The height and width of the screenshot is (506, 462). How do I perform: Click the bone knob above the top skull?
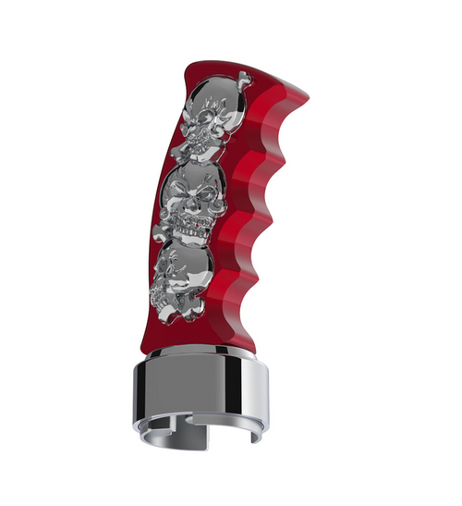[242, 80]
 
